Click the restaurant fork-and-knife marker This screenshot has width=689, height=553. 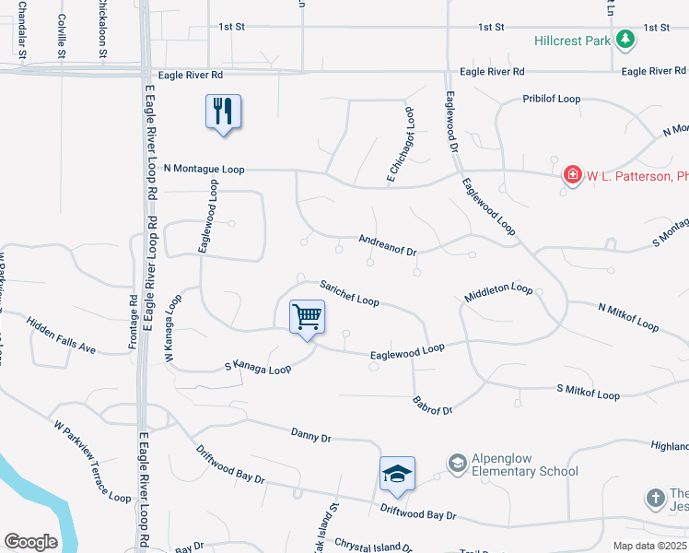tap(222, 112)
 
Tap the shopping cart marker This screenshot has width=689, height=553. tap(307, 317)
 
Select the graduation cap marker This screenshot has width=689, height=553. tap(397, 474)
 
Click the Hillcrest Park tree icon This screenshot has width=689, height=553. tap(625, 39)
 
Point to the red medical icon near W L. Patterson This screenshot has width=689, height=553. tap(572, 174)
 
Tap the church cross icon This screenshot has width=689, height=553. tap(655, 497)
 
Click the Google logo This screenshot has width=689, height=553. tap(30, 542)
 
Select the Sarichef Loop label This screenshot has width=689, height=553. tap(349, 293)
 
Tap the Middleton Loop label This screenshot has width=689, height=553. tap(499, 289)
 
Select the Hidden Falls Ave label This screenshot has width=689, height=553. tap(61, 335)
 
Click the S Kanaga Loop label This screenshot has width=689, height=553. tap(258, 368)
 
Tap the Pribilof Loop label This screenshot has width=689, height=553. tap(551, 98)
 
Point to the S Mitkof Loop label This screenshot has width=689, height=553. tap(588, 394)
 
